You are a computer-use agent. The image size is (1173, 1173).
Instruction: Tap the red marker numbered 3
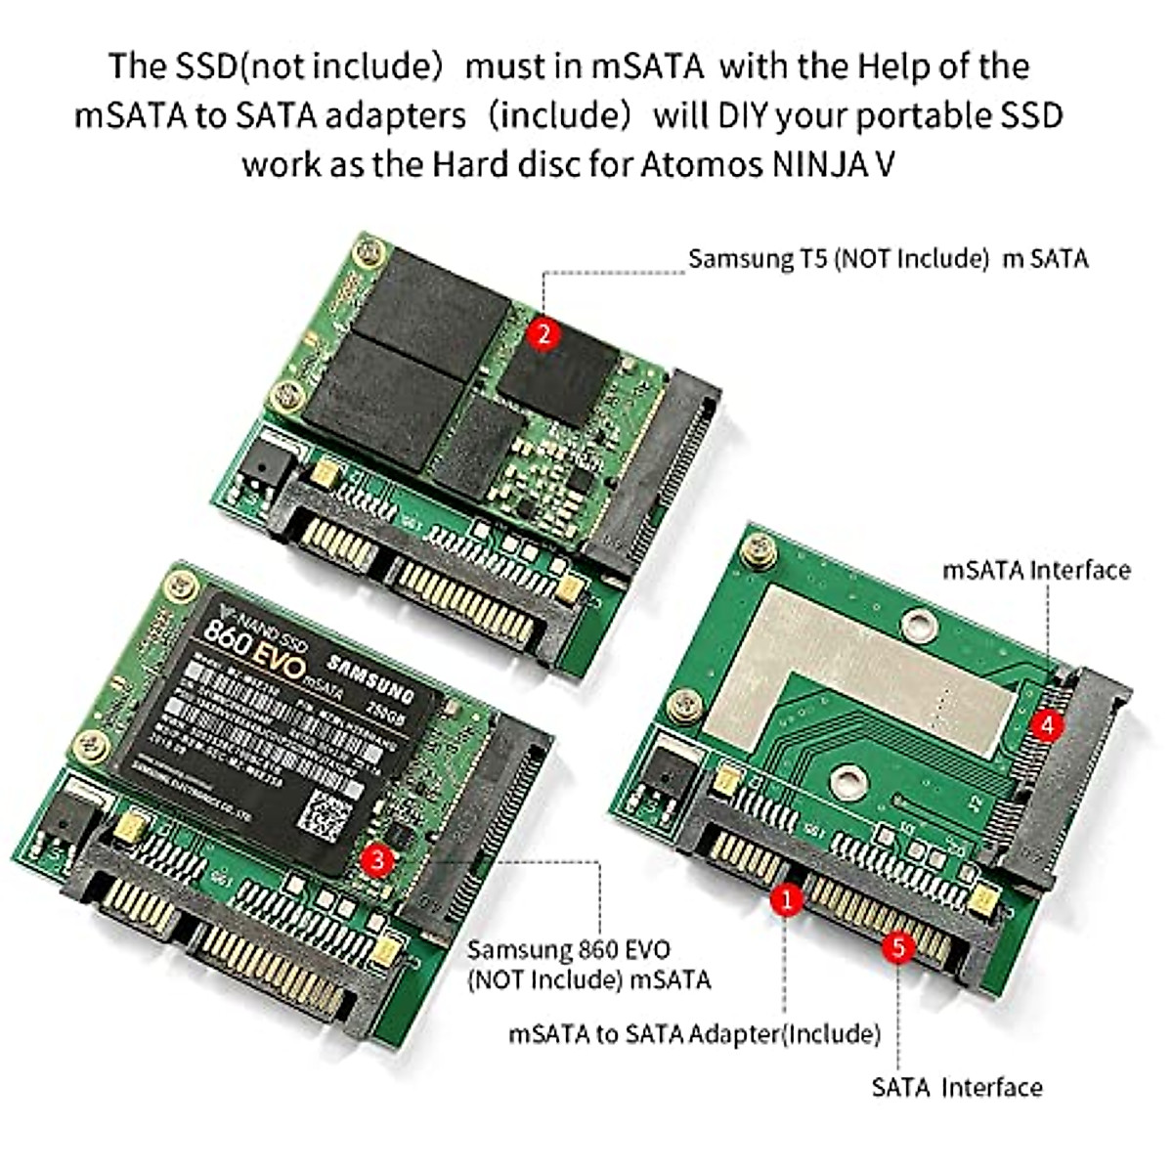(x=377, y=860)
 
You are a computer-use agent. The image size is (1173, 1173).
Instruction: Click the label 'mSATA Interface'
(x=1036, y=570)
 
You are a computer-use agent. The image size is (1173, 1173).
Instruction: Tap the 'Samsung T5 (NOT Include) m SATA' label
(x=888, y=259)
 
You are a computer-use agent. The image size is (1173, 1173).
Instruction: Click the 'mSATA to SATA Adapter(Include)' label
(x=694, y=1033)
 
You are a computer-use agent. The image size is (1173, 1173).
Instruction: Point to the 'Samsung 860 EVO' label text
(x=569, y=949)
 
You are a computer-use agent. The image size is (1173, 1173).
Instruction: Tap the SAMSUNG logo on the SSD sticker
(x=369, y=681)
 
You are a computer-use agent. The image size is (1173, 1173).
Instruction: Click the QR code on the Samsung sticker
(x=322, y=813)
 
